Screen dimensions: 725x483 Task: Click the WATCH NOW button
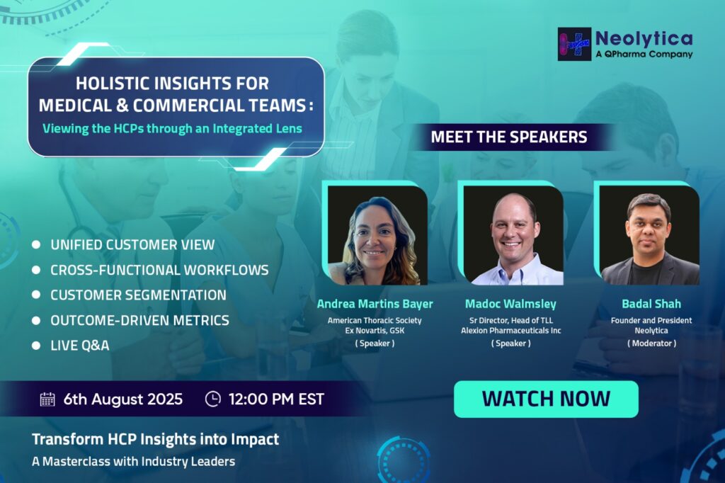(x=546, y=399)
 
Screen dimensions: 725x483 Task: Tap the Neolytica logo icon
(x=574, y=44)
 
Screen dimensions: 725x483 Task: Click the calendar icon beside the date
(x=47, y=399)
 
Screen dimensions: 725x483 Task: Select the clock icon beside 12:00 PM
(x=212, y=399)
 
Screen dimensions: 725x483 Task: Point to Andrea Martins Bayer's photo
(x=377, y=235)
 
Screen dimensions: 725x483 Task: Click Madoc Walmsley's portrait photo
(x=513, y=235)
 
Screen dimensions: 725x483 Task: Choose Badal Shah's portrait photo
(x=649, y=235)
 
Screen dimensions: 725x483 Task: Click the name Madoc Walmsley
(x=510, y=304)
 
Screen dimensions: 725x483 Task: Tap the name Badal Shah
(x=651, y=304)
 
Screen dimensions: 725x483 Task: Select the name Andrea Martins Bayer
(x=375, y=304)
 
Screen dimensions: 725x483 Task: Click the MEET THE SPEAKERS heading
(x=509, y=137)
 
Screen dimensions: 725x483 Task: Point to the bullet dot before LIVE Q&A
(x=36, y=345)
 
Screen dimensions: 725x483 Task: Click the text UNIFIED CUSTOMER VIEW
(x=132, y=245)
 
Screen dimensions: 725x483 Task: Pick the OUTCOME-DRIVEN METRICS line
(x=139, y=320)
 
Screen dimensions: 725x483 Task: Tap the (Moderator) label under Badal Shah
(x=651, y=343)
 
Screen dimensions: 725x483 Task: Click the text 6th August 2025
(x=123, y=399)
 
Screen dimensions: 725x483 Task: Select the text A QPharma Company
(x=644, y=54)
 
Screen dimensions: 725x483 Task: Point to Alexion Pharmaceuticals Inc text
(x=511, y=331)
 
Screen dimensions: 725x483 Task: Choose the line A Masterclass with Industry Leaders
(x=134, y=461)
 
